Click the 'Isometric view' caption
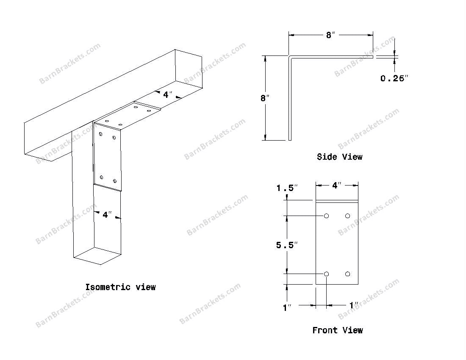[x=120, y=287]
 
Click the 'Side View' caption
[x=339, y=157]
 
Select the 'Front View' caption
[x=337, y=330]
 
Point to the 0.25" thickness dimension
[x=394, y=78]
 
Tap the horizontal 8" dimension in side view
[x=330, y=36]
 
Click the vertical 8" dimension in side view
[x=265, y=98]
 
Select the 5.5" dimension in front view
[x=287, y=245]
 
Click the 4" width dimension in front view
[x=336, y=186]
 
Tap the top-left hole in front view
[x=326, y=216]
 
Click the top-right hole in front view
[x=347, y=216]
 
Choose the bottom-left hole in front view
[x=326, y=274]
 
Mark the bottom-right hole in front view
[x=347, y=274]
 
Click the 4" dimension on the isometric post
[x=106, y=215]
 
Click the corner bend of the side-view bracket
[x=290, y=57]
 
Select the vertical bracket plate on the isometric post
[x=108, y=157]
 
